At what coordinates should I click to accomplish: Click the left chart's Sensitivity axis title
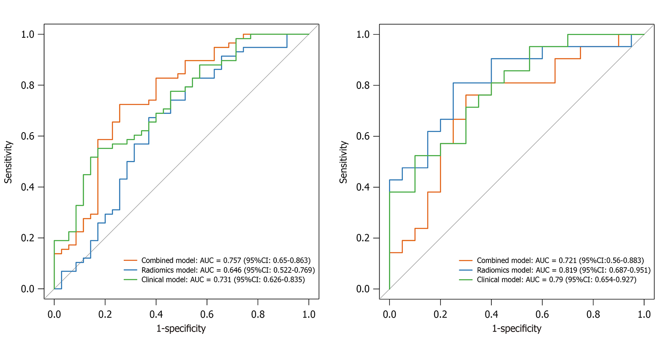click(8, 162)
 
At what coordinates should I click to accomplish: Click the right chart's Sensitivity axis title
click(344, 162)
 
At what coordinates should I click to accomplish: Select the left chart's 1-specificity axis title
click(181, 328)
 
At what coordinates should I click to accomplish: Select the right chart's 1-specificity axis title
click(516, 328)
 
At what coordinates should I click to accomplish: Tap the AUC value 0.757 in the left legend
click(232, 260)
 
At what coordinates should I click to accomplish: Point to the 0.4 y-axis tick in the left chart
click(29, 187)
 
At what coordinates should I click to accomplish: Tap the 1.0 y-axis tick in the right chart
click(364, 34)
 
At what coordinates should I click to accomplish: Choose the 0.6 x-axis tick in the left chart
click(207, 314)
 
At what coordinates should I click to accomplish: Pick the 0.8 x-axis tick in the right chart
click(593, 314)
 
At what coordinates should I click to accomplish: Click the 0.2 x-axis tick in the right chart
click(440, 314)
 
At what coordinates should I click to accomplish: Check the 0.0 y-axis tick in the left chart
click(29, 289)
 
